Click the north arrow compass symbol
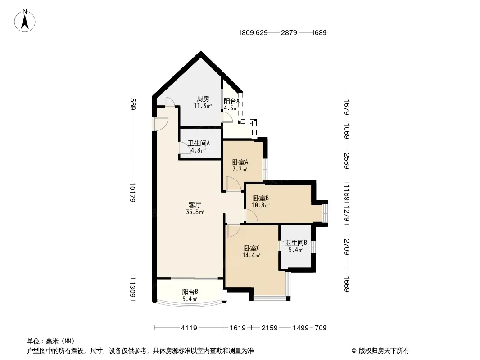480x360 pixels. point(25,21)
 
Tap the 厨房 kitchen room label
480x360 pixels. point(203,99)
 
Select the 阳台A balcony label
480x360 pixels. point(231,101)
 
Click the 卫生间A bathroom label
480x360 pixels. point(199,143)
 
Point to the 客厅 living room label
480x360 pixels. point(195,205)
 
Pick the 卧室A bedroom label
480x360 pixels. point(240,162)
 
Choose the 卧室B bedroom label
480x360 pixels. point(261,198)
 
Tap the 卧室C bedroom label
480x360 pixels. point(252,248)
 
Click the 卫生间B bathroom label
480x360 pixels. point(296,243)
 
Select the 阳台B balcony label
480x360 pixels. point(190,292)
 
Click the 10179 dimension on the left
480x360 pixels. point(132,193)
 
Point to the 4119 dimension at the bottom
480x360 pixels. point(189,328)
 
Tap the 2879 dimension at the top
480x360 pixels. point(289,32)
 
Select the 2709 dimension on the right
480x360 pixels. point(347,247)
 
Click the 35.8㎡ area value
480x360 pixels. point(195,212)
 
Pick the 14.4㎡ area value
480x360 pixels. point(251,256)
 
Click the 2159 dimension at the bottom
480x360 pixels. point(269,328)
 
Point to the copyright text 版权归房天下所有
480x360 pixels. point(384,351)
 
